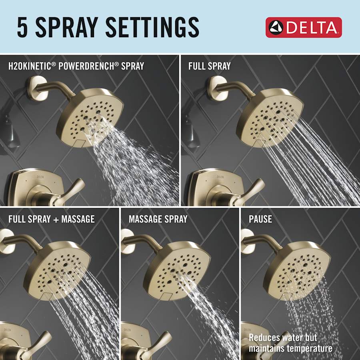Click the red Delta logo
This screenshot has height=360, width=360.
click(304, 27)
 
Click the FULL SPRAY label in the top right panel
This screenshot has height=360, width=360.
click(209, 66)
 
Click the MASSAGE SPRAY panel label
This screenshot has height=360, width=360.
click(158, 219)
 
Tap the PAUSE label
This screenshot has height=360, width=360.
click(260, 219)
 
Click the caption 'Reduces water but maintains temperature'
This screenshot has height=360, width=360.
click(290, 343)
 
